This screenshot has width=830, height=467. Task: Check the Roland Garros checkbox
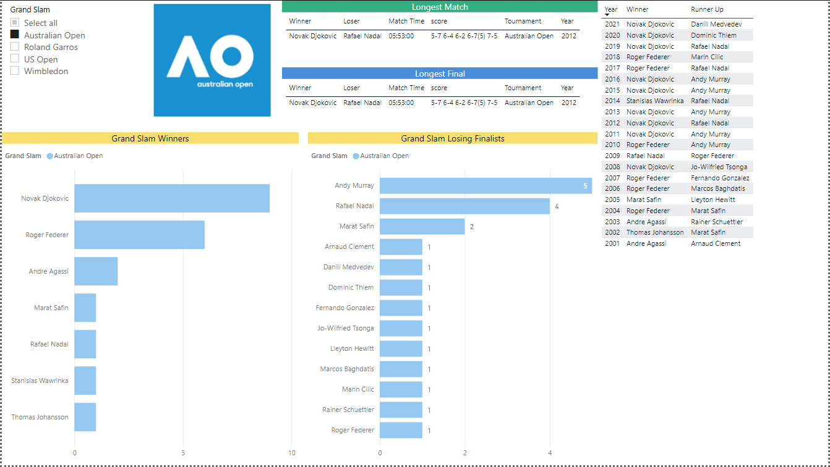point(14,47)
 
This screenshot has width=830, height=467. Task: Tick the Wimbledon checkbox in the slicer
point(14,71)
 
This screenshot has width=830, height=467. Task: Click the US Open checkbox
point(14,59)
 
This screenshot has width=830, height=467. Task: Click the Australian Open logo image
point(212,60)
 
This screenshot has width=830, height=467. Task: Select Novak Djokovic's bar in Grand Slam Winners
point(172,198)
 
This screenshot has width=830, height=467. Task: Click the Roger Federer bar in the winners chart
point(139,235)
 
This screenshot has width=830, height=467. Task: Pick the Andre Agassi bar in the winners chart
point(96,271)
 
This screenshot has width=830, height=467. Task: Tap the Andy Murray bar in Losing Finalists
point(486,185)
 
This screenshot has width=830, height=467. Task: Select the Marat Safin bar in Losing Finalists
point(422,226)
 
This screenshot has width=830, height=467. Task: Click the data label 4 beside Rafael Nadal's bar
point(557,206)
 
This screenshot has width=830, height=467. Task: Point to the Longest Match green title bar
point(440,7)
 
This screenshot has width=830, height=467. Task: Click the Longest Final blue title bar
point(440,74)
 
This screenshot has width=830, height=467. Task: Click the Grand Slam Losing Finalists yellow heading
point(453,138)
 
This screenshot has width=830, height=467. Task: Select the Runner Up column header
point(707,10)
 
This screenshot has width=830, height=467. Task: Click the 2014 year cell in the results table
point(612,101)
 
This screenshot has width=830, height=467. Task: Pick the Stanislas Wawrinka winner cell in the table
point(654,101)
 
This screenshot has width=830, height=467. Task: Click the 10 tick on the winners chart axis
point(292,453)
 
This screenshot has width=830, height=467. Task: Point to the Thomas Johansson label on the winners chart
point(40,417)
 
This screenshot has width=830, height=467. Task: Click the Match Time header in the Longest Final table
point(406,88)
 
